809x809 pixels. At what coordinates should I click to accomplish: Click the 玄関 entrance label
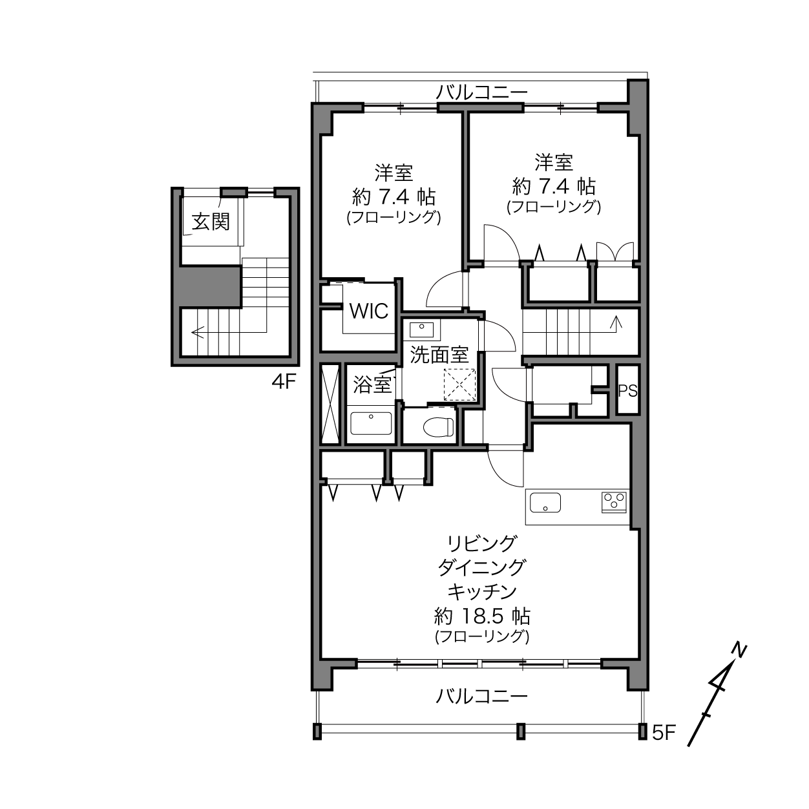(x=211, y=222)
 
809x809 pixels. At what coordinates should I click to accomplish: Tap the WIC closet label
(x=369, y=311)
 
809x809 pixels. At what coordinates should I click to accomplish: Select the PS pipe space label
(x=627, y=391)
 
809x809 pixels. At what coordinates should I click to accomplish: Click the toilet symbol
(x=438, y=427)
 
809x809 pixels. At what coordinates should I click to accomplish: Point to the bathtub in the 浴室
(x=371, y=423)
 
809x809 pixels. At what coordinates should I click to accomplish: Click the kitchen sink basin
(x=545, y=503)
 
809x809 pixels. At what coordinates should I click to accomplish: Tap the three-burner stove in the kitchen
(x=615, y=502)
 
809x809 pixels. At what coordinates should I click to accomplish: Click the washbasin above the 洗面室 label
(x=421, y=330)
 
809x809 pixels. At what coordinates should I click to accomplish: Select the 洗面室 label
(x=439, y=354)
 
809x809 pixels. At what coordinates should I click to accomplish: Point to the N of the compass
(x=739, y=650)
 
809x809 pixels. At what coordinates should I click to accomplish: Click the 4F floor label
(x=284, y=382)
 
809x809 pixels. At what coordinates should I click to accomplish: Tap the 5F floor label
(x=664, y=733)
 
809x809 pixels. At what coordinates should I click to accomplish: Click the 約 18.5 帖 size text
(x=482, y=616)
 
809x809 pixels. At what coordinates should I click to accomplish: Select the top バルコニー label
(x=481, y=92)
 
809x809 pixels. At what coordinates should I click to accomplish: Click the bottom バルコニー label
(x=481, y=697)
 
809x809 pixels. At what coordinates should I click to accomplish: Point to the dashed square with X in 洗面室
(x=459, y=384)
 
